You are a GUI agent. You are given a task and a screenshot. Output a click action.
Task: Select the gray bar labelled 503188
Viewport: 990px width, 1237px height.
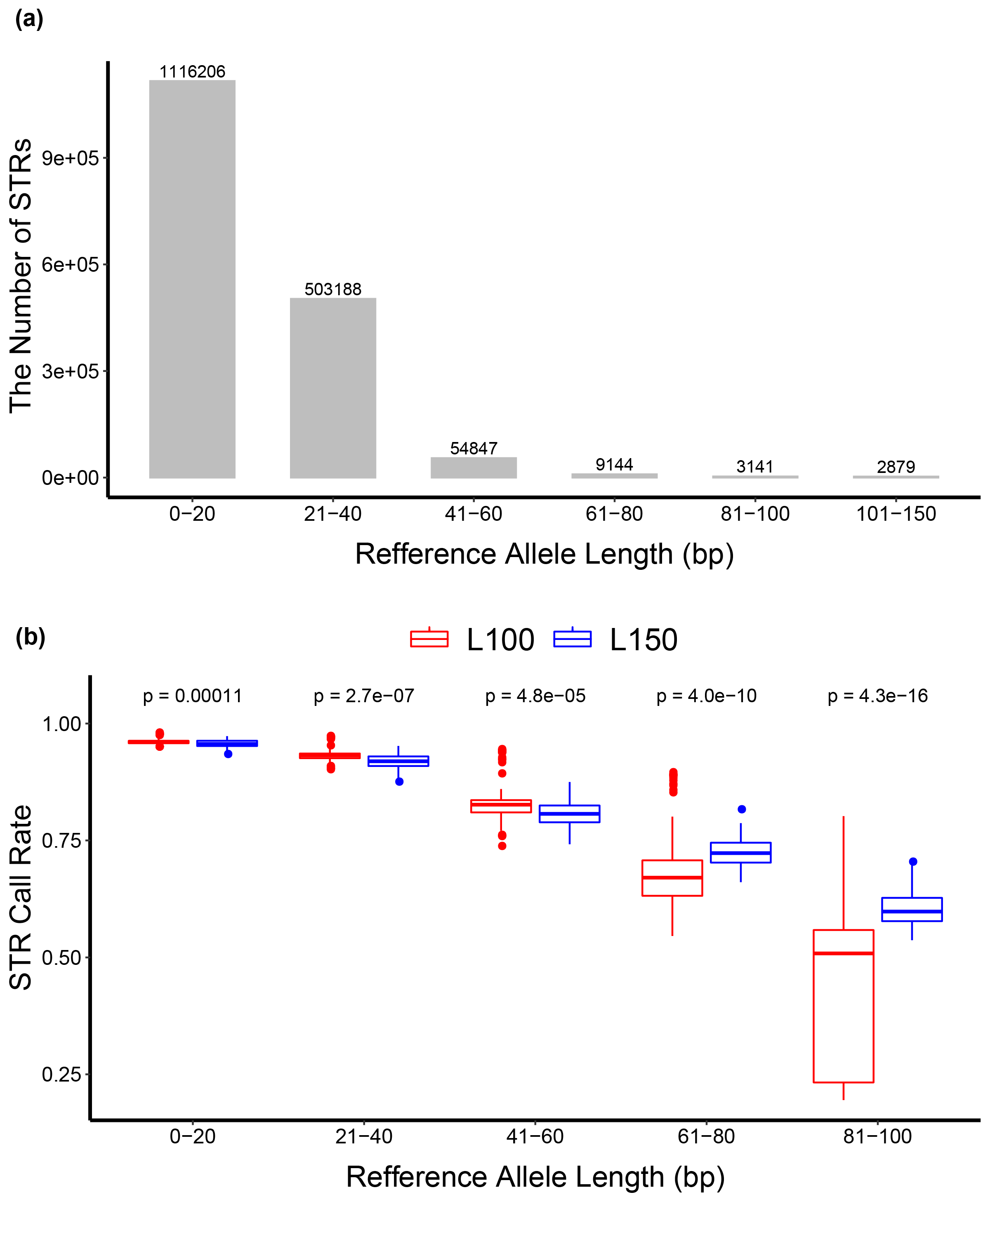pyautogui.click(x=333, y=388)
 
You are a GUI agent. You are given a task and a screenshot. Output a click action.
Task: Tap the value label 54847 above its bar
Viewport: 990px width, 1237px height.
pyautogui.click(x=474, y=448)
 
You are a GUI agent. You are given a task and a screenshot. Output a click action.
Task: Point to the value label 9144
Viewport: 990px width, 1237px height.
pyautogui.click(x=614, y=464)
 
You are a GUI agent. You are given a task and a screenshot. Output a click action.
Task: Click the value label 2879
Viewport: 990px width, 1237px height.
pyautogui.click(x=896, y=466)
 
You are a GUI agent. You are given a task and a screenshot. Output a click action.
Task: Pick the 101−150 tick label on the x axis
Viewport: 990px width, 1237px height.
pyautogui.click(x=896, y=513)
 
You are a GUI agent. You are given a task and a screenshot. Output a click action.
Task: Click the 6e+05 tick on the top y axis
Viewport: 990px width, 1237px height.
pyautogui.click(x=71, y=264)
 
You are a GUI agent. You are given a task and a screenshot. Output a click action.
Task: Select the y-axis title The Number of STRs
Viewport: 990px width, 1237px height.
pyautogui.click(x=21, y=275)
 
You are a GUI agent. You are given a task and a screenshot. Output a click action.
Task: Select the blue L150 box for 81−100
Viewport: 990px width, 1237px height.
pyautogui.click(x=912, y=909)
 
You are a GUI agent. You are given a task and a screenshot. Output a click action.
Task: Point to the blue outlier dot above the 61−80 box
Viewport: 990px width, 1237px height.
pyautogui.click(x=742, y=809)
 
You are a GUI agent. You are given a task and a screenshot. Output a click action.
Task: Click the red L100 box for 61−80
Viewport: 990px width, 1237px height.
pyautogui.click(x=672, y=878)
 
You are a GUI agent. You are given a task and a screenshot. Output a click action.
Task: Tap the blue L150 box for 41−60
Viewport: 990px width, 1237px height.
pyautogui.click(x=569, y=814)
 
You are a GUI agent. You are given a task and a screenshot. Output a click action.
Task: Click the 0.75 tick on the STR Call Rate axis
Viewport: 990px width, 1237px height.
pyautogui.click(x=61, y=840)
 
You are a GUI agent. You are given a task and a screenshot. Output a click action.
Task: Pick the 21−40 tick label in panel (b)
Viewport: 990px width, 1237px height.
pyautogui.click(x=363, y=1136)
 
